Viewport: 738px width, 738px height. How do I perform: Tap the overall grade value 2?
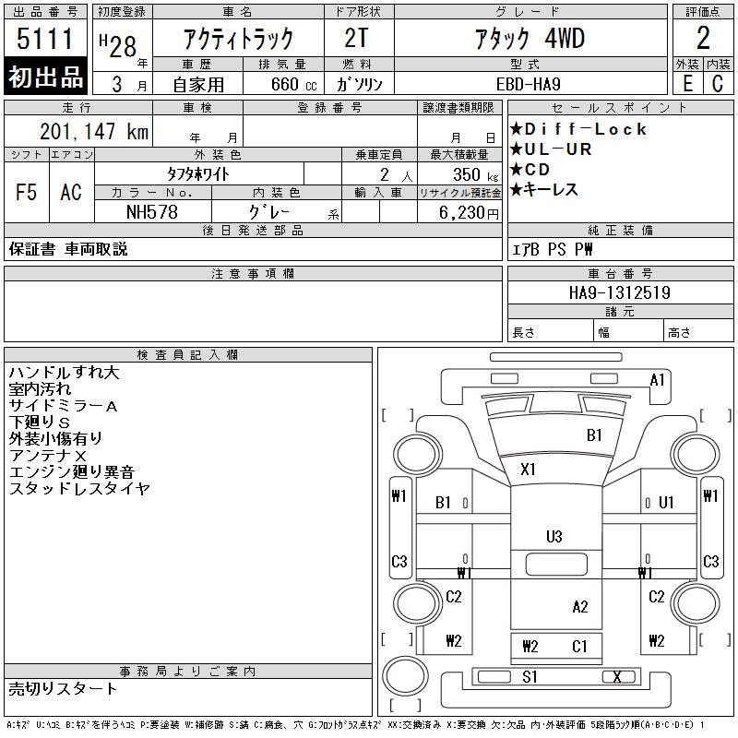pyautogui.click(x=703, y=39)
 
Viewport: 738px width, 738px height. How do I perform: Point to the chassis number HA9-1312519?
pyautogui.click(x=619, y=292)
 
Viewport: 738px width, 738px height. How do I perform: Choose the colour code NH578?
pyautogui.click(x=153, y=211)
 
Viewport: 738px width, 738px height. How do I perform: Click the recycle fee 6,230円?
pyautogui.click(x=470, y=211)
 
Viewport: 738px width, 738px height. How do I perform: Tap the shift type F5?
pyautogui.click(x=27, y=192)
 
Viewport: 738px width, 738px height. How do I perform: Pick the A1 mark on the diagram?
pyautogui.click(x=658, y=379)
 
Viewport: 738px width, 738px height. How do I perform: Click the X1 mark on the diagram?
pyautogui.click(x=528, y=469)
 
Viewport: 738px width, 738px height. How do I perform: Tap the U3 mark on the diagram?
pyautogui.click(x=554, y=536)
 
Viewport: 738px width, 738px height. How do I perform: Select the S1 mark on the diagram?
pyautogui.click(x=530, y=677)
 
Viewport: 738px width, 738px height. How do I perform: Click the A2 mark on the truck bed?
pyautogui.click(x=579, y=606)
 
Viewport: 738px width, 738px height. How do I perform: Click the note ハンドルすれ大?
pyautogui.click(x=64, y=373)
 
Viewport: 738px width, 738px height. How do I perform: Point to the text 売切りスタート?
pyautogui.click(x=63, y=688)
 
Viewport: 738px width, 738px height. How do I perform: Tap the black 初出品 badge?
pyautogui.click(x=46, y=77)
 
